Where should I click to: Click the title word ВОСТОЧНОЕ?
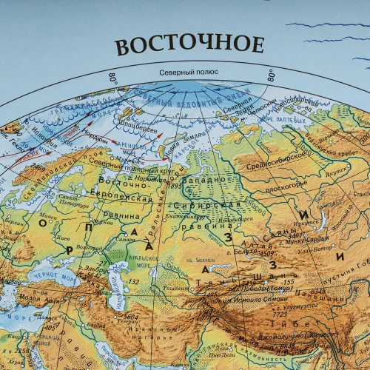tap(189, 44)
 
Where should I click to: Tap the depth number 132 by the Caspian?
tap(134, 282)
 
